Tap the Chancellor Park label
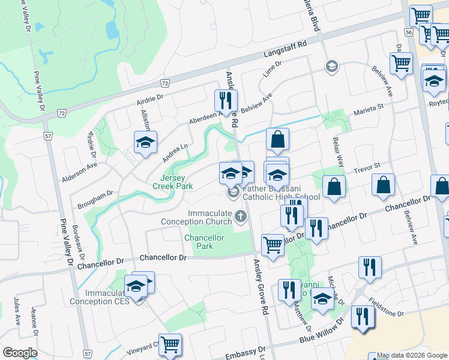pyautogui.click(x=204, y=242)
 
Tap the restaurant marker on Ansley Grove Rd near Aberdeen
pyautogui.click(x=226, y=100)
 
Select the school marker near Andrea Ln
pyautogui.click(x=145, y=142)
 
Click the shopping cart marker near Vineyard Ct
pyautogui.click(x=170, y=344)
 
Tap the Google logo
pyautogui.click(x=20, y=353)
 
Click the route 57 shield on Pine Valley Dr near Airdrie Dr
pyautogui.click(x=47, y=136)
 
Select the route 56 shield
pyautogui.click(x=409, y=32)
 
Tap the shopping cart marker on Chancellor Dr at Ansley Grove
pyautogui.click(x=273, y=245)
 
